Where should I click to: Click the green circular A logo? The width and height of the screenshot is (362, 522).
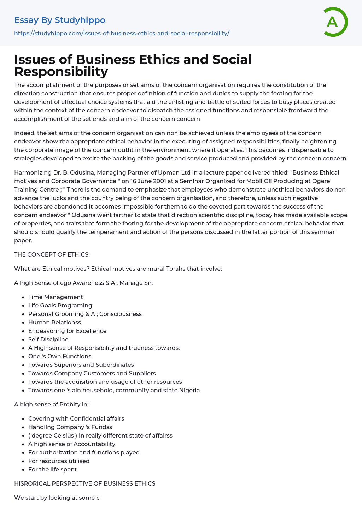click(x=335, y=22)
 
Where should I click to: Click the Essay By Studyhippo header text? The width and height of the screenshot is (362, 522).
click(x=60, y=20)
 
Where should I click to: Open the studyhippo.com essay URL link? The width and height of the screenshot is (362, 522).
click(x=122, y=33)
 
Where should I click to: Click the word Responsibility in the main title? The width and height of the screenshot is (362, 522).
click(x=61, y=71)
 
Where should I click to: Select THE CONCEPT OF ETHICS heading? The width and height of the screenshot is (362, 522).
click(x=51, y=254)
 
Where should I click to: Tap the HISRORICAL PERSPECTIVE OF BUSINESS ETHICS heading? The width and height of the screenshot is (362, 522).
click(x=84, y=483)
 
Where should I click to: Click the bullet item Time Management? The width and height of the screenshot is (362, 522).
click(x=56, y=297)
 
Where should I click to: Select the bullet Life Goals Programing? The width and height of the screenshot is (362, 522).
click(x=60, y=305)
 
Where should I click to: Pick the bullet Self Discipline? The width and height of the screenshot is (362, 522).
click(x=48, y=339)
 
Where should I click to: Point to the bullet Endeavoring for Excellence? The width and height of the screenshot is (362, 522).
click(x=67, y=331)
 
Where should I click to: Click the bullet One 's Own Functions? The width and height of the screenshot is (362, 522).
click(x=60, y=356)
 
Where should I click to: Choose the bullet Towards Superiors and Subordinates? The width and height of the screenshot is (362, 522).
click(x=81, y=365)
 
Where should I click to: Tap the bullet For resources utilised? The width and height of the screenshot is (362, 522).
click(x=59, y=461)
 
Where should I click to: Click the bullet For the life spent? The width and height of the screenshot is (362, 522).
click(x=52, y=469)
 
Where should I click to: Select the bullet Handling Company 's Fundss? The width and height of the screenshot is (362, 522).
click(x=70, y=427)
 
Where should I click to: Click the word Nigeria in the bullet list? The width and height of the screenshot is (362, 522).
click(x=189, y=390)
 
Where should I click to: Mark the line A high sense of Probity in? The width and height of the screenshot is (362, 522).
click(x=51, y=404)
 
